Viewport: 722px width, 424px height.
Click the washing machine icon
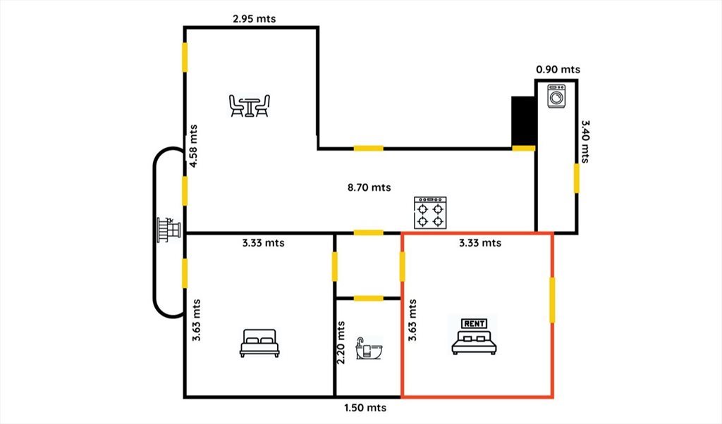(x=556, y=96)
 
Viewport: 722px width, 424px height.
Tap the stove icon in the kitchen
(x=430, y=213)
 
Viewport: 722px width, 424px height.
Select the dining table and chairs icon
(x=249, y=106)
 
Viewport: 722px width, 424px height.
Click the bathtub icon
(x=369, y=348)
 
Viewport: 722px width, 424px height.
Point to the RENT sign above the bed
(x=475, y=323)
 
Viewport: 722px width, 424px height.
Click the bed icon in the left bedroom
(x=259, y=343)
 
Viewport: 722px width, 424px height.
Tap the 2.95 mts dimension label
(x=254, y=19)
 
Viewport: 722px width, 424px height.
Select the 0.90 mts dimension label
(x=558, y=70)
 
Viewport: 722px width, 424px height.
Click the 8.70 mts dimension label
(x=369, y=187)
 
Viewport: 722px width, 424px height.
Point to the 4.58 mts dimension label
(x=193, y=146)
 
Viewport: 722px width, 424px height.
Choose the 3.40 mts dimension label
(x=585, y=142)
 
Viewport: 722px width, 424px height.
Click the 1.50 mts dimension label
(x=365, y=407)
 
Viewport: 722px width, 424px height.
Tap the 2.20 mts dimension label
(x=341, y=342)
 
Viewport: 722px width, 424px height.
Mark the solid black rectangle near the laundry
(x=523, y=121)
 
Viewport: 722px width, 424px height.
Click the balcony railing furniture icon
(x=169, y=230)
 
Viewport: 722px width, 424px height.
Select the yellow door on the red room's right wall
(x=552, y=300)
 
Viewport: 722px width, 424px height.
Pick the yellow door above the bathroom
(x=368, y=299)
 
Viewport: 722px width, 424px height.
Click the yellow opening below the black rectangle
(x=524, y=148)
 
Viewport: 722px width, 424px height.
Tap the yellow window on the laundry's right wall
(x=577, y=178)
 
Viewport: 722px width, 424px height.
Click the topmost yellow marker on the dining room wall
(x=185, y=58)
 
